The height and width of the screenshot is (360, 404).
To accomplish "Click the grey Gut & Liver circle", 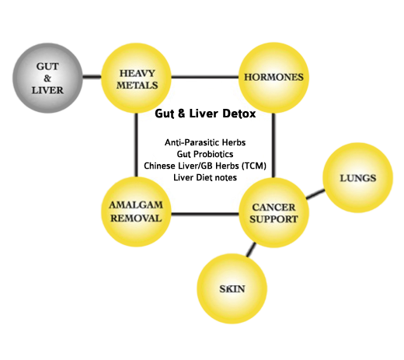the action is pyautogui.click(x=47, y=78).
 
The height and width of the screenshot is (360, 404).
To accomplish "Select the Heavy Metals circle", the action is pyautogui.click(x=136, y=78).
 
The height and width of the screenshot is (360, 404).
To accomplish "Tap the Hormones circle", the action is pyautogui.click(x=273, y=78).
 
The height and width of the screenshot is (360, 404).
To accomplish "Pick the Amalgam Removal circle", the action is pyautogui.click(x=136, y=211).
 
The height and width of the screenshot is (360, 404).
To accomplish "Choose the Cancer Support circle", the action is pyautogui.click(x=273, y=212).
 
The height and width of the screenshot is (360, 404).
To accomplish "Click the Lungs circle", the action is pyautogui.click(x=358, y=178).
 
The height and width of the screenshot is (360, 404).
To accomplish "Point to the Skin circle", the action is pyautogui.click(x=232, y=288).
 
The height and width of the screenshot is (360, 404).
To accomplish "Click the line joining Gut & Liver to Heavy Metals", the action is pyautogui.click(x=92, y=77).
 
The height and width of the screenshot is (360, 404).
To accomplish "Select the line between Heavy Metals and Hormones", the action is pyautogui.click(x=205, y=77).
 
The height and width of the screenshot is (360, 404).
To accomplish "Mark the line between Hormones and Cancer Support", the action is pyautogui.click(x=273, y=145).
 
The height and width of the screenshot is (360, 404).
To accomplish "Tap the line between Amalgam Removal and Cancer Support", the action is pyautogui.click(x=205, y=214).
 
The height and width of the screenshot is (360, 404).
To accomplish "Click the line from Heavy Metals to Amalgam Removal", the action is pyautogui.click(x=136, y=145).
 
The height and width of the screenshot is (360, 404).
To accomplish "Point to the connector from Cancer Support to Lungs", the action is pyautogui.click(x=315, y=194).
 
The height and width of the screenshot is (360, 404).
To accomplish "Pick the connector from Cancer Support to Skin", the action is pyautogui.click(x=251, y=250).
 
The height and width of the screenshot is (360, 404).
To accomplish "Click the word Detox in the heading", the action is pyautogui.click(x=239, y=114).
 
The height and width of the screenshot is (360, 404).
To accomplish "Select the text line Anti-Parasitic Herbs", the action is pyautogui.click(x=205, y=142).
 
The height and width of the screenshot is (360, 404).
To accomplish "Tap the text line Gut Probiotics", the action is pyautogui.click(x=205, y=154).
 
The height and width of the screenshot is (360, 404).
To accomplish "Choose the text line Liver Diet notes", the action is pyautogui.click(x=205, y=177).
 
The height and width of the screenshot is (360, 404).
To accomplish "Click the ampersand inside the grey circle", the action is pyautogui.click(x=47, y=79).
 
